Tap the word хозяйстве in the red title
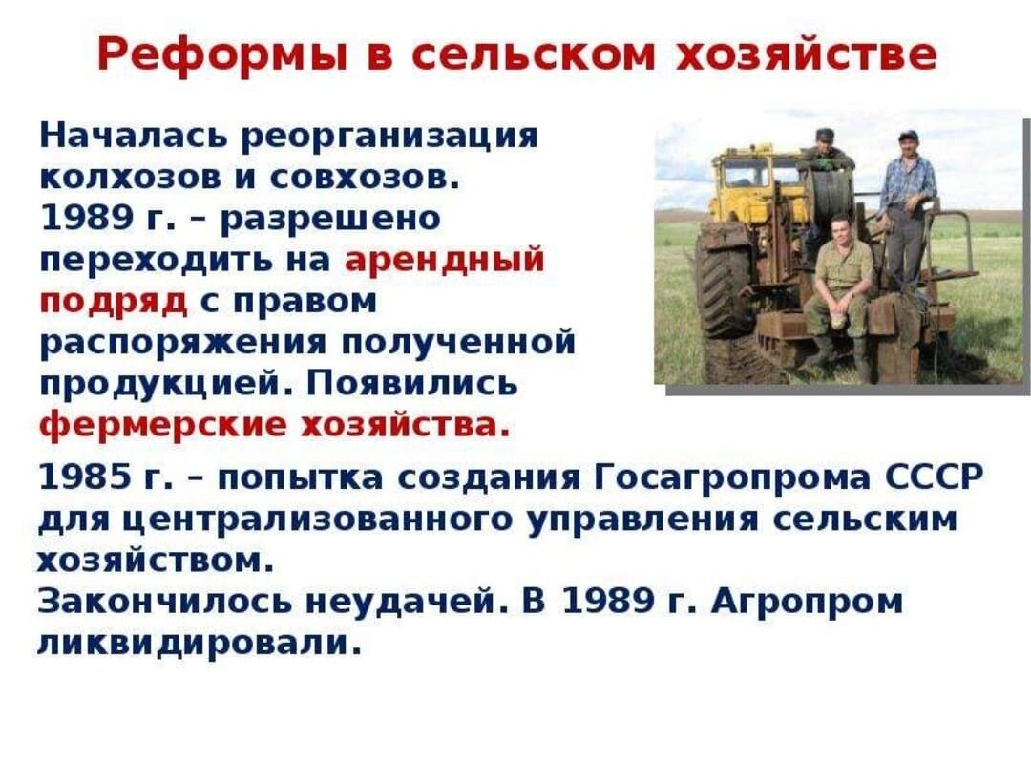click(x=806, y=54)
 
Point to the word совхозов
click(x=364, y=177)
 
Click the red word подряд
click(x=113, y=303)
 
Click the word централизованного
click(x=318, y=520)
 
